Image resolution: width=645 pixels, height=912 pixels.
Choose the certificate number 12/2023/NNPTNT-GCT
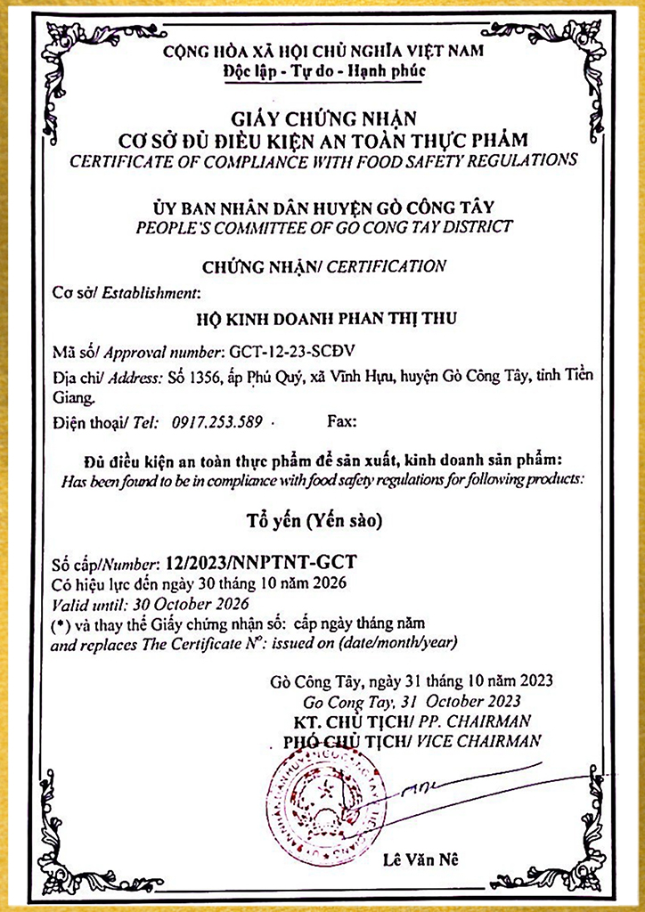click(x=258, y=563)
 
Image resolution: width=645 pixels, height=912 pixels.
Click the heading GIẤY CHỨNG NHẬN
click(x=322, y=117)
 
